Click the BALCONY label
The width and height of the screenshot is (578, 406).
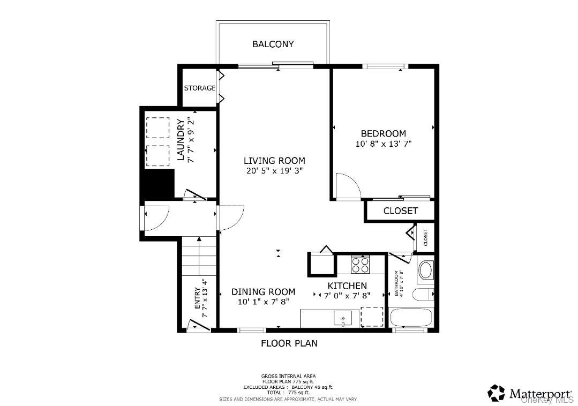coord(273,44)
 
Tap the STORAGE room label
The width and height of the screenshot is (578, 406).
coord(199,88)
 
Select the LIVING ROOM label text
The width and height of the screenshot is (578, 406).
coord(274,160)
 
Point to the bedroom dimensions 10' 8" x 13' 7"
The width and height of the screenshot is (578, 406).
coord(383,144)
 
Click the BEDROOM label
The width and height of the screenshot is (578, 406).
coord(383,133)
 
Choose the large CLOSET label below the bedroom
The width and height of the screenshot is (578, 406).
coord(400,210)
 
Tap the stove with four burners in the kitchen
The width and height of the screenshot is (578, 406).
coord(360,264)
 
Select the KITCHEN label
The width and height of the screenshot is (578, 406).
coord(347,285)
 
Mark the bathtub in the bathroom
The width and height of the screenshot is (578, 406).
coord(411,318)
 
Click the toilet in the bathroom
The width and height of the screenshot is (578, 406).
coord(423,294)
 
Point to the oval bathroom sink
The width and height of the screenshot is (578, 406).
coord(426,270)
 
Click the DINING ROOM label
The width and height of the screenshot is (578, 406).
coord(263,291)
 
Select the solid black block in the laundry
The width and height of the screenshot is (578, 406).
coord(157,184)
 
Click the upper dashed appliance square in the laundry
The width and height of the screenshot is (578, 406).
coord(157,128)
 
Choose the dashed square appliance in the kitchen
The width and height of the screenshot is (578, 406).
coord(372,317)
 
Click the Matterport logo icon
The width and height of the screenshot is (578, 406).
coord(496,393)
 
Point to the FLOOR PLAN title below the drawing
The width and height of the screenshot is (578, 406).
coord(289,343)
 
